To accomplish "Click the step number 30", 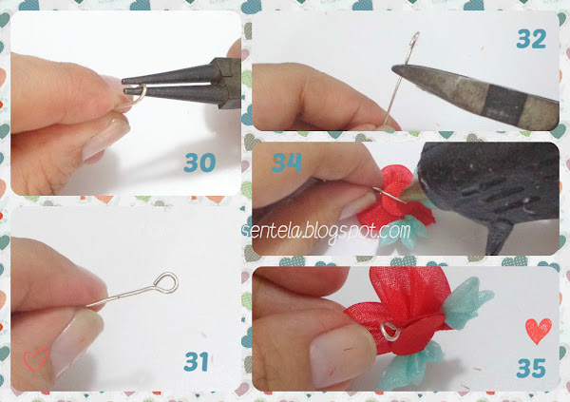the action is [x=199, y=163].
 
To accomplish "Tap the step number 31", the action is [x=197, y=361].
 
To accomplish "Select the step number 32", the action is [x=531, y=39].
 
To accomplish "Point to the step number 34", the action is [x=287, y=163].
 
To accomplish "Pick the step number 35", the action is [x=531, y=368].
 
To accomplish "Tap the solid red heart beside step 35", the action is [x=539, y=331].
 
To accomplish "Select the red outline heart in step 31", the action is [x=35, y=359].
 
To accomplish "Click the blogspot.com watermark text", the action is [x=327, y=231].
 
